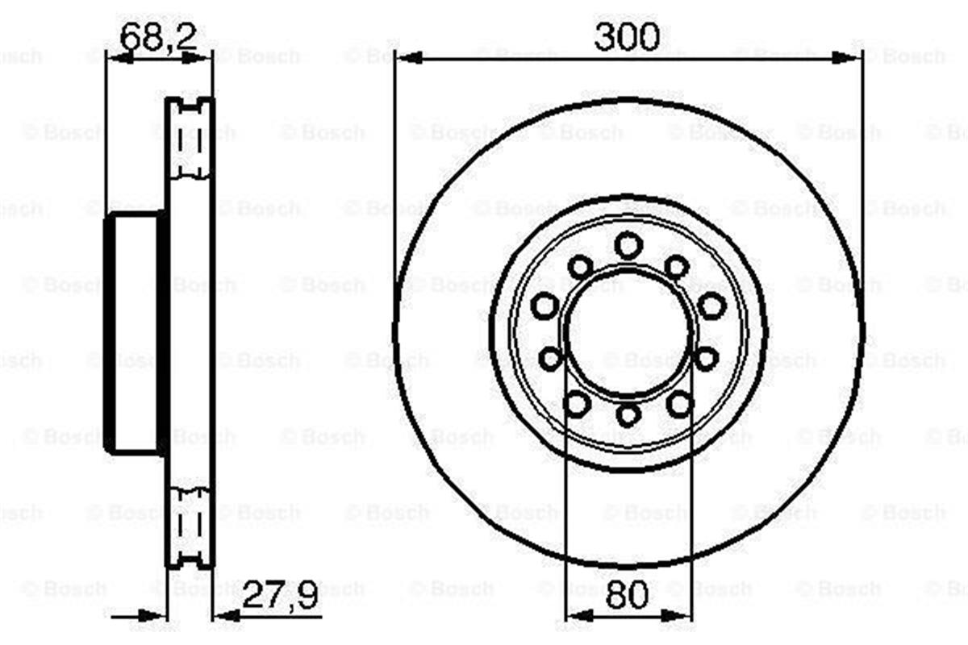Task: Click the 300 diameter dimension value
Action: (627, 37)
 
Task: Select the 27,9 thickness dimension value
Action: (280, 594)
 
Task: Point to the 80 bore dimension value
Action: (627, 594)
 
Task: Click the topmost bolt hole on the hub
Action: (628, 245)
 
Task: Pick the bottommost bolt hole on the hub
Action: (628, 415)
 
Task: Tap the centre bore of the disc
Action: (628, 332)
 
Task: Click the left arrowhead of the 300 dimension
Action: (409, 57)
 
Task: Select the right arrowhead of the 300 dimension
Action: (846, 57)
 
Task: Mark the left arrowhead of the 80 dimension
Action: (578, 616)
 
